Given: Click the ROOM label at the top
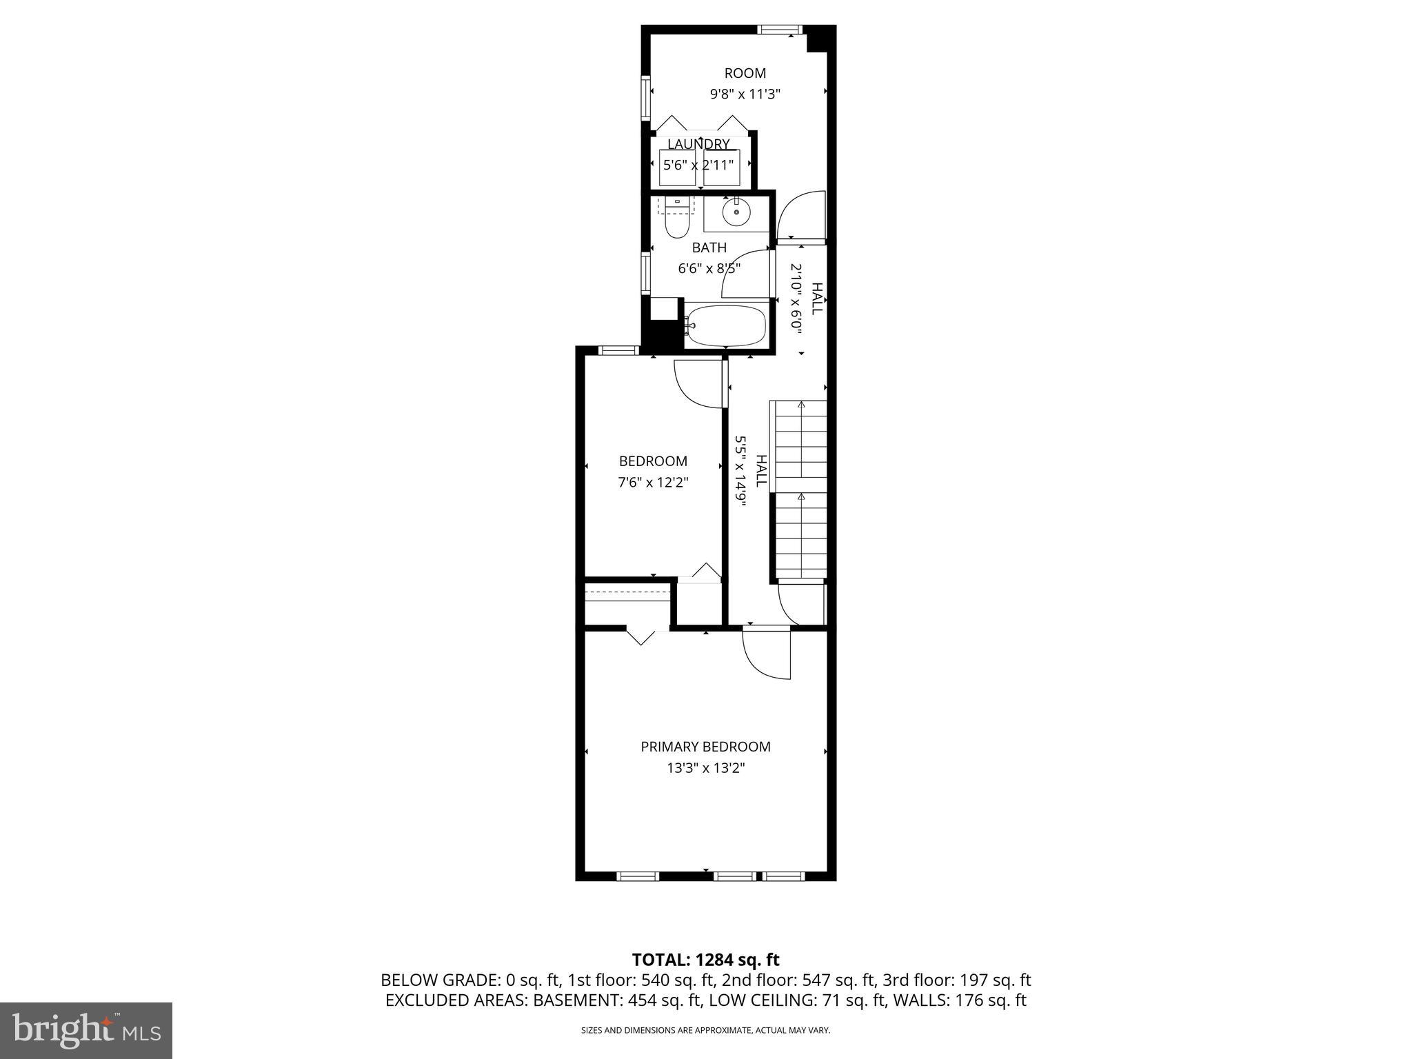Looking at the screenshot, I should pyautogui.click(x=745, y=73).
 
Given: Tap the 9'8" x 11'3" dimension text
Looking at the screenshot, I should pyautogui.click(x=745, y=94).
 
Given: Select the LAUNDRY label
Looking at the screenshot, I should pyautogui.click(x=698, y=144).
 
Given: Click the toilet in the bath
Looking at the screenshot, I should pyautogui.click(x=677, y=221).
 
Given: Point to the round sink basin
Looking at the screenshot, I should pyautogui.click(x=736, y=213).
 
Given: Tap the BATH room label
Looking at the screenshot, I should pyautogui.click(x=709, y=248).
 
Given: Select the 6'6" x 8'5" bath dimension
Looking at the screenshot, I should pyautogui.click(x=709, y=268).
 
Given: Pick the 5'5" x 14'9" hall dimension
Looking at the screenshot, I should pyautogui.click(x=741, y=471).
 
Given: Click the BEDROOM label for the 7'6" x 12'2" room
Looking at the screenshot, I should pyautogui.click(x=653, y=461).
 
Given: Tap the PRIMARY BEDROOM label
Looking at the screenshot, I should pyautogui.click(x=705, y=747).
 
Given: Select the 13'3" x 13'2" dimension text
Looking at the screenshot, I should pyautogui.click(x=705, y=768).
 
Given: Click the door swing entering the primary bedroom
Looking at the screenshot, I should pyautogui.click(x=765, y=655).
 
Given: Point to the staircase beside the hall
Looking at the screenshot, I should pyautogui.click(x=800, y=490).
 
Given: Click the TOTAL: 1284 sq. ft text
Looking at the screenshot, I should pyautogui.click(x=705, y=960).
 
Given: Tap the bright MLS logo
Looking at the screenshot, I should pyautogui.click(x=86, y=1030).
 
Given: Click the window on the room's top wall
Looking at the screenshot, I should pyautogui.click(x=780, y=30).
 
